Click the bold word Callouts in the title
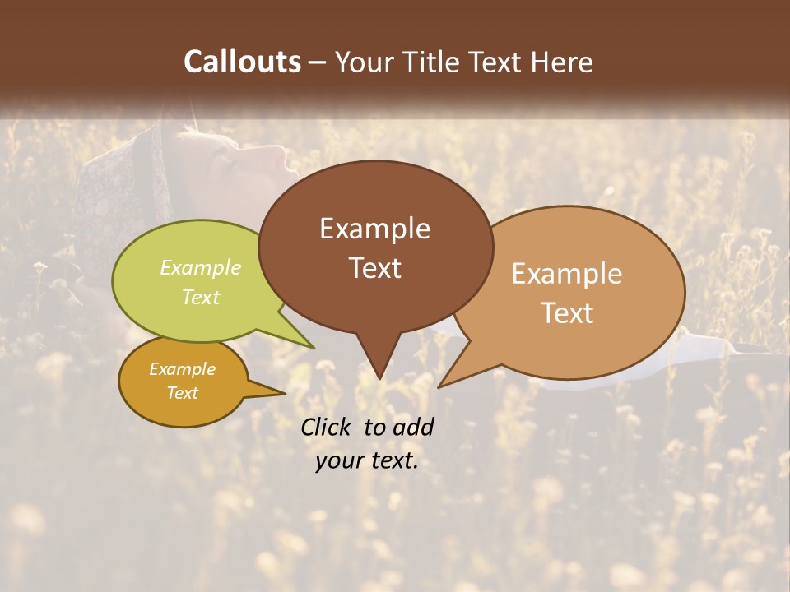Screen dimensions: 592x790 [242, 62]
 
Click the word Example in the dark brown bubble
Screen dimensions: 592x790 [374, 229]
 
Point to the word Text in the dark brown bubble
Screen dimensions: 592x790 [374, 267]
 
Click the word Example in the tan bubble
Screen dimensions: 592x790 [567, 274]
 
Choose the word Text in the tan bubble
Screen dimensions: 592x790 [567, 312]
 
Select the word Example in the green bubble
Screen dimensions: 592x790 [201, 267]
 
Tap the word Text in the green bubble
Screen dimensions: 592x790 [201, 297]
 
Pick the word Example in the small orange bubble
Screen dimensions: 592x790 [182, 369]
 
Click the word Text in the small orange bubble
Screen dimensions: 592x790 [182, 393]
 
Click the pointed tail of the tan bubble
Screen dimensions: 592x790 [441, 385]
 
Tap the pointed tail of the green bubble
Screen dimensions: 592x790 [313, 346]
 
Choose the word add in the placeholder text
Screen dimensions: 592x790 [413, 427]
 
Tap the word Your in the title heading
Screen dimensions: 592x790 [364, 62]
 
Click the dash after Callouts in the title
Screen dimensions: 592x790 [318, 62]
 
